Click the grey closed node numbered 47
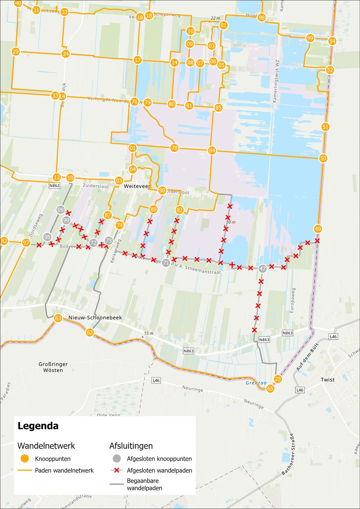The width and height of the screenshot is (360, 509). (262, 269)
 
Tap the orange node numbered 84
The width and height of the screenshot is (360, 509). (212, 151)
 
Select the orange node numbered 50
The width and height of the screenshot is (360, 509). (323, 158)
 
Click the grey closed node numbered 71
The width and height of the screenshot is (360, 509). (166, 263)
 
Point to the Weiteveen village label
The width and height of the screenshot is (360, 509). (137, 186)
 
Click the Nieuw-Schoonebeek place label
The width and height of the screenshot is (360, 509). (95, 318)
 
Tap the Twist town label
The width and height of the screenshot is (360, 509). (327, 380)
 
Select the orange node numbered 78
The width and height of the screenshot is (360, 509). (174, 148)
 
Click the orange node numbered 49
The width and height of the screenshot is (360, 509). (318, 229)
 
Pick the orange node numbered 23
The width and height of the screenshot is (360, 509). (278, 379)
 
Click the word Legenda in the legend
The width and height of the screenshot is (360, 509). (38, 426)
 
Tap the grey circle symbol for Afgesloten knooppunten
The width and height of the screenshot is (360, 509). (117, 459)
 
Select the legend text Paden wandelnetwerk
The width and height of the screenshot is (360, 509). (64, 471)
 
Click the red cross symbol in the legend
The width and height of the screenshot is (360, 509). (117, 470)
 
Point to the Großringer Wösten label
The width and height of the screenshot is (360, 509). (53, 367)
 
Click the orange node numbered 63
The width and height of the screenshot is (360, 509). (58, 318)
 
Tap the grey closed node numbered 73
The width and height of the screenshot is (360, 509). (109, 241)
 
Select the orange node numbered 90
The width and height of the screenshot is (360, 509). (162, 190)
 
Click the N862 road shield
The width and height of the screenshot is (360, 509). (54, 186)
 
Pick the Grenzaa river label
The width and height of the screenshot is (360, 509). (256, 383)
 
